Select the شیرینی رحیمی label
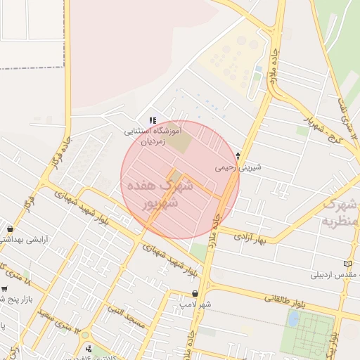coord(238,167)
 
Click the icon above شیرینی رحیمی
coord(238,156)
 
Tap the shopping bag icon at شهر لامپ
coord(195,294)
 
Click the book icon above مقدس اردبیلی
coord(347,264)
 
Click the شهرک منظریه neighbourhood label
coord(341,212)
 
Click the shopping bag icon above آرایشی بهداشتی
coord(10,229)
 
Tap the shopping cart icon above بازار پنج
coord(4,289)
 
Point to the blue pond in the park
coord(292,318)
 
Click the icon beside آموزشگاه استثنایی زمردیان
coord(153,121)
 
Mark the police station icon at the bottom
coord(87,349)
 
